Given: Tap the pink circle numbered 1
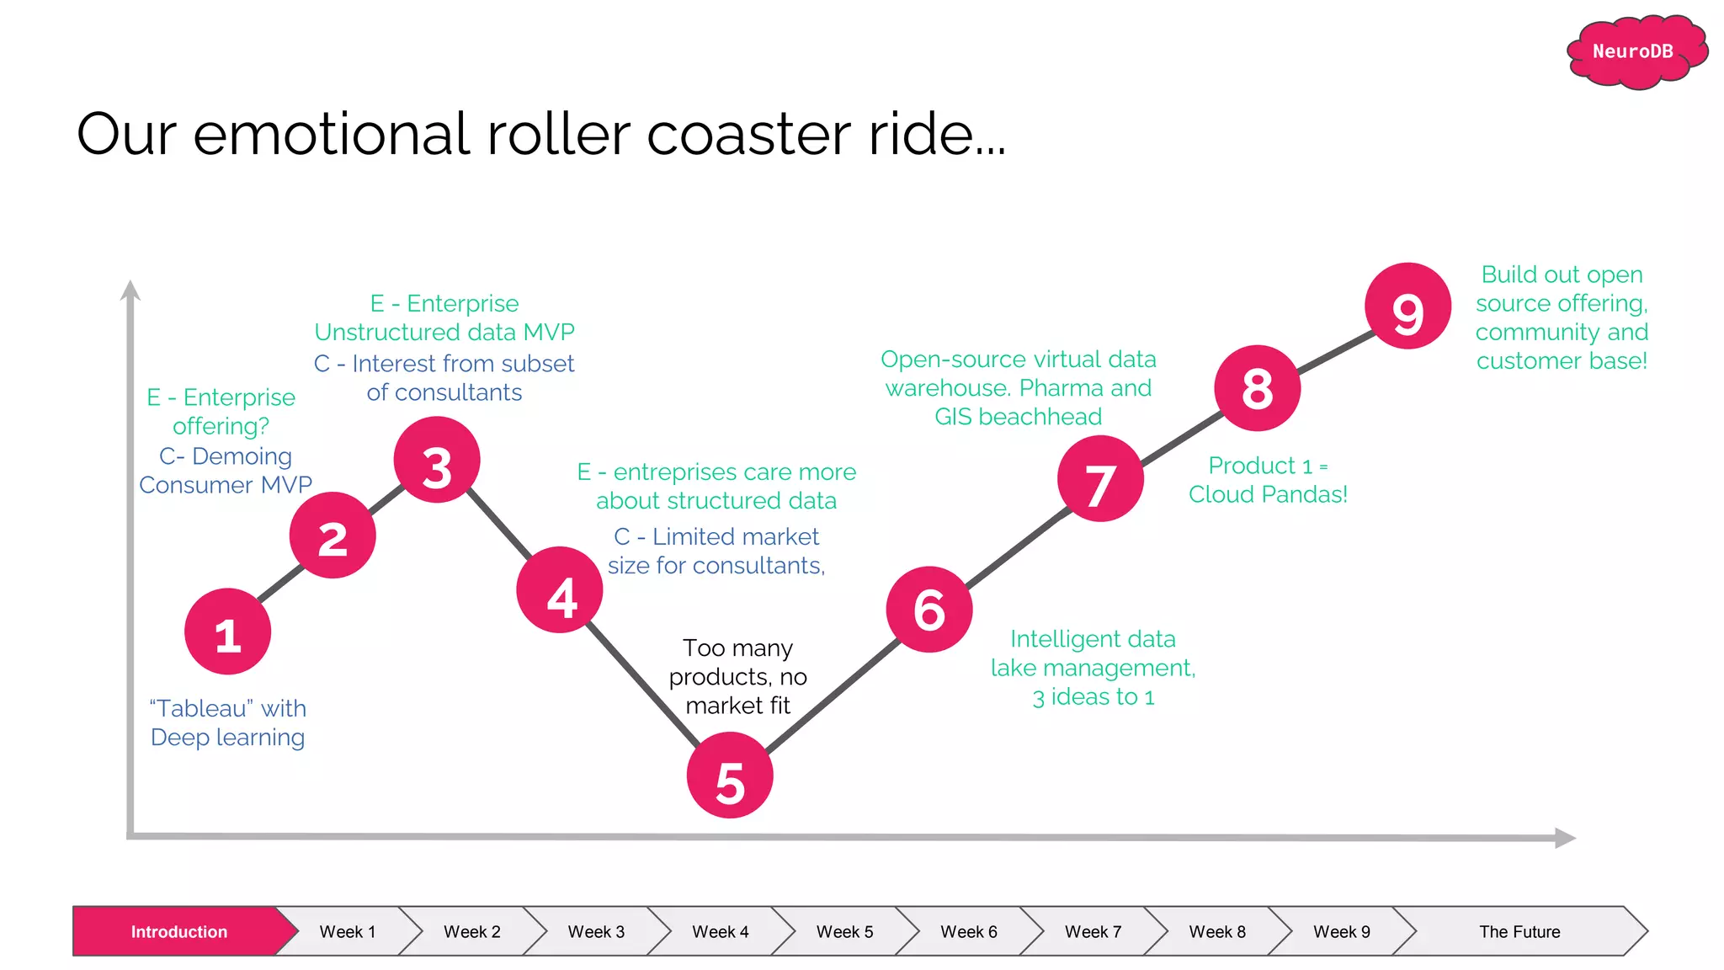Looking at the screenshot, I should pyautogui.click(x=227, y=632).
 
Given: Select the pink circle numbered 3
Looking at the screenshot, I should pyautogui.click(x=437, y=461).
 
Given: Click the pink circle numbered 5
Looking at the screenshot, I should pyautogui.click(x=730, y=775).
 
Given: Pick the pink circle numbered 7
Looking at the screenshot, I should pyautogui.click(x=1100, y=479).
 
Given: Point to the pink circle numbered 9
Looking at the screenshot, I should pyautogui.click(x=1407, y=306).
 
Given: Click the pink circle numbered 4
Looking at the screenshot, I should pyautogui.click(x=560, y=590).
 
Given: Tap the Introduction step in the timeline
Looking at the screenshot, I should pyautogui.click(x=178, y=931).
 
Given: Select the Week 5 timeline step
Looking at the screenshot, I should pyautogui.click(x=844, y=931).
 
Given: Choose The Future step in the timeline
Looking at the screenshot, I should pyautogui.click(x=1519, y=931).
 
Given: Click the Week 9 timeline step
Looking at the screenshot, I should pyautogui.click(x=1341, y=931).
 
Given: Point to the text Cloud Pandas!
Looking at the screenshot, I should pyautogui.click(x=1268, y=494).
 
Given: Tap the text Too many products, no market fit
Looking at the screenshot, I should pyautogui.click(x=737, y=677).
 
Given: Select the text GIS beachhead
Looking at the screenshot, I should pyautogui.click(x=1018, y=417).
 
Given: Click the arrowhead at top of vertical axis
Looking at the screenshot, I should pyautogui.click(x=130, y=290).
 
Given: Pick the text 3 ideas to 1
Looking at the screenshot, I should pyautogui.click(x=1093, y=697).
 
